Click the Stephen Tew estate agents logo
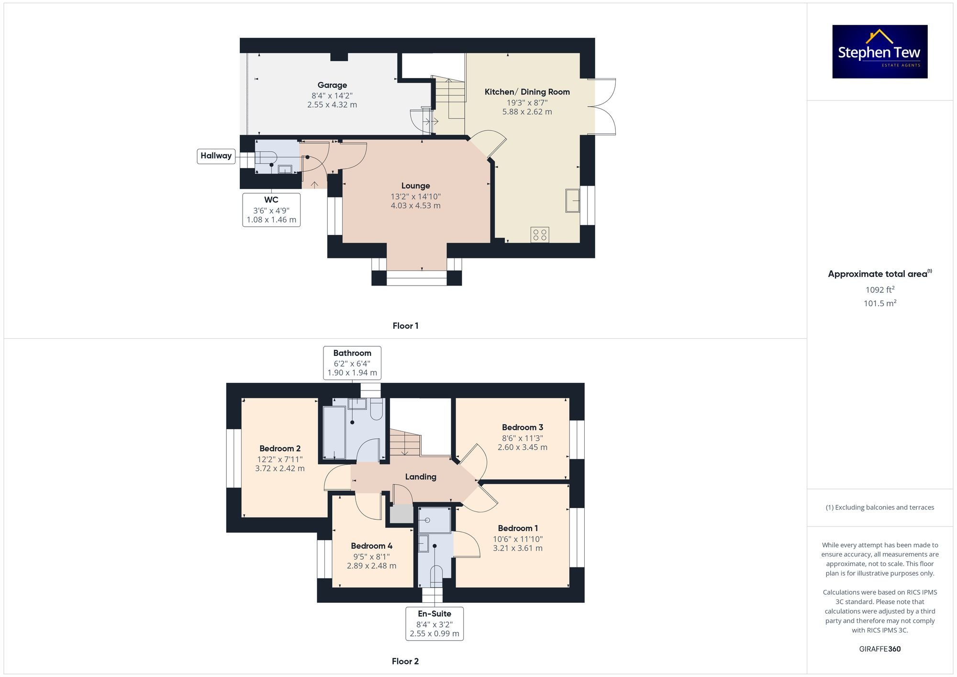point(879,52)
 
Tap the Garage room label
point(332,85)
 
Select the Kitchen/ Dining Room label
point(527,92)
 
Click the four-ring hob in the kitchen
point(540,234)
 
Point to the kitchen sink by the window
point(573,200)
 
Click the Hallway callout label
point(216,156)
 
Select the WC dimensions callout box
point(271,210)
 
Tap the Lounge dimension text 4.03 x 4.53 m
point(415,206)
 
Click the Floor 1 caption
point(405,326)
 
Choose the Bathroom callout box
point(352,363)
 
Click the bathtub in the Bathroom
point(334,433)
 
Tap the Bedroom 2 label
point(280,449)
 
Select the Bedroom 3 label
point(522,428)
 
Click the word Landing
point(421,477)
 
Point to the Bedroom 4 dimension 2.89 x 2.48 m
point(371,566)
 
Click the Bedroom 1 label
point(518,528)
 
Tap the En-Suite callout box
point(434,623)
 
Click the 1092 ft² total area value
point(879,290)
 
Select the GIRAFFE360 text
point(879,649)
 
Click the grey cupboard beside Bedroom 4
point(401,514)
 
